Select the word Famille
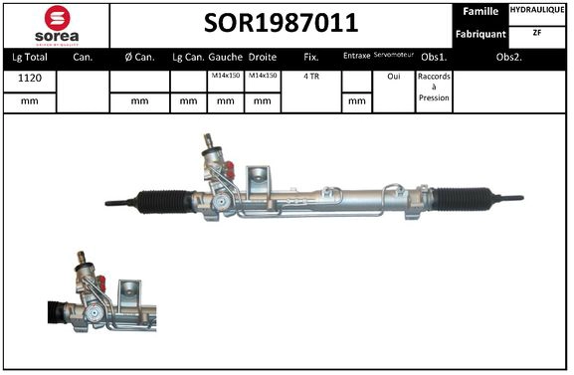coord(480,11)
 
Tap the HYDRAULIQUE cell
coord(538,10)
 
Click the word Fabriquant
coord(480,34)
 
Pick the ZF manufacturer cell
coord(538,33)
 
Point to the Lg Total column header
coord(29,57)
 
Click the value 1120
coord(29,76)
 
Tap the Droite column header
coord(263,57)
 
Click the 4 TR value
coord(311,76)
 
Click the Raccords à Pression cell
coord(434,87)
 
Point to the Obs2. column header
coord(512,57)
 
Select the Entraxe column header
coord(355,56)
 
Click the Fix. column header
coord(311,57)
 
